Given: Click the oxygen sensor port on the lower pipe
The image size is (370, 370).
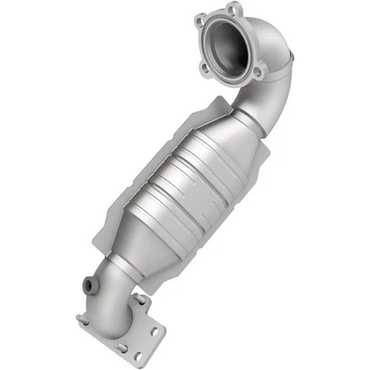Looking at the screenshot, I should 91,284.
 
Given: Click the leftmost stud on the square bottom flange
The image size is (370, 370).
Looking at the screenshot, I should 81,320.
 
